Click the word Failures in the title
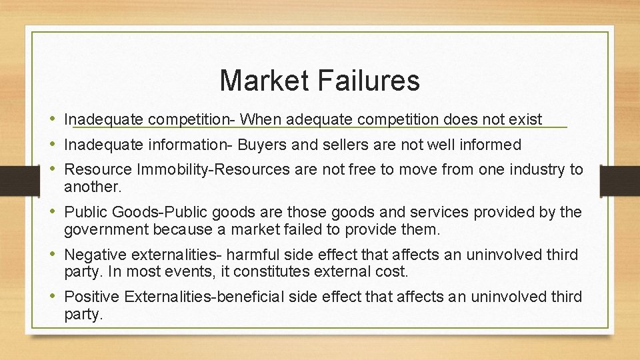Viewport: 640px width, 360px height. (368, 81)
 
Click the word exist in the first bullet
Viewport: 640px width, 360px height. (525, 120)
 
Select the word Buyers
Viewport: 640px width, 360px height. (262, 145)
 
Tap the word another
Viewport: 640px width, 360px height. (91, 187)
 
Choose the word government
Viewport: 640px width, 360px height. (106, 230)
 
